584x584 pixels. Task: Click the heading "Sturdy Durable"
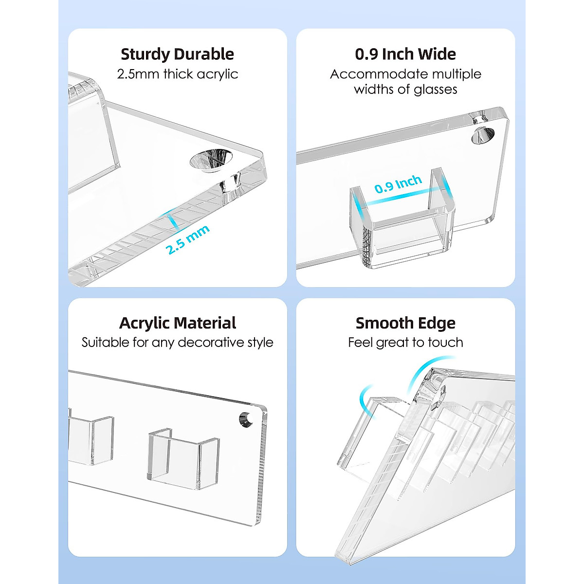click(177, 55)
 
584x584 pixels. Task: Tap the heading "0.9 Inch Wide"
click(405, 54)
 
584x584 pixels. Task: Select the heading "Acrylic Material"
click(178, 323)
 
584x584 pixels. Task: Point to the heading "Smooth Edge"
click(405, 323)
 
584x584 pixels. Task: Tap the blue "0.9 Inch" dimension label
click(398, 184)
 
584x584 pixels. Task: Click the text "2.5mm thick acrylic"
click(178, 74)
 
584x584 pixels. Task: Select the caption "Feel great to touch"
click(405, 343)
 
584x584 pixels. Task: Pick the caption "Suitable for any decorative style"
click(178, 343)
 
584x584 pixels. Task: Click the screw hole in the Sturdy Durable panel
click(211, 160)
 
